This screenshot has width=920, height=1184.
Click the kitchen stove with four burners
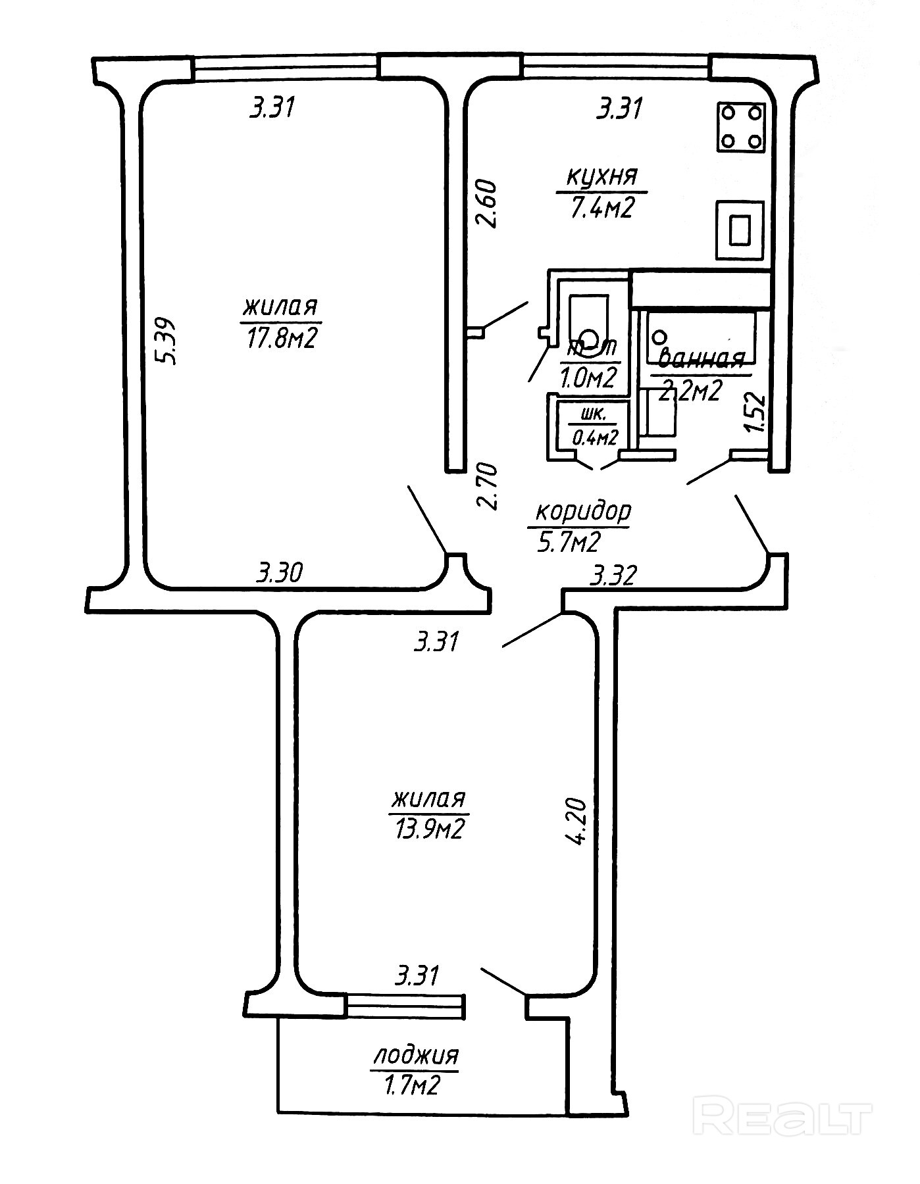point(742,127)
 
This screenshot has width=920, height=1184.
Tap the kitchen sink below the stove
point(740,230)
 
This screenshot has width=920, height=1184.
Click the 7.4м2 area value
point(602,208)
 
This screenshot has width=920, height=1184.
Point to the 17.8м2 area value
point(282,337)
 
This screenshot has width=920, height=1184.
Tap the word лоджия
point(415,1055)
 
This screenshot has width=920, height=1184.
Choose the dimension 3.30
point(279,573)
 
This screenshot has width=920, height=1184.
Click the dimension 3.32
point(614,576)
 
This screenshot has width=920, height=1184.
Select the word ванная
point(701,359)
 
